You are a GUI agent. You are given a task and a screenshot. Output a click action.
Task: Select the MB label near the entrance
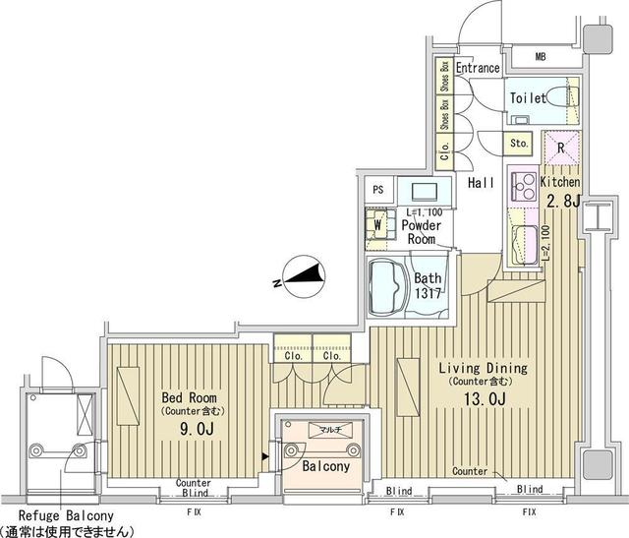pos(540,57)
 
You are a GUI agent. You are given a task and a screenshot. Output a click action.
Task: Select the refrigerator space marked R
pos(559,147)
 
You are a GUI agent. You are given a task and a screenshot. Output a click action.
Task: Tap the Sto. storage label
pos(520,144)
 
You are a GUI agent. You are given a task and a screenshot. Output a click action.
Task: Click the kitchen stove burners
pos(521,184)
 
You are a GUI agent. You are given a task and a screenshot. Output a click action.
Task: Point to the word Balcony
pos(325,467)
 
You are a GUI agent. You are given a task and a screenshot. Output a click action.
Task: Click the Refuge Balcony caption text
pos(61,515)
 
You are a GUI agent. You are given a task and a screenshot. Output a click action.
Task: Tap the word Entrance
pos(479,68)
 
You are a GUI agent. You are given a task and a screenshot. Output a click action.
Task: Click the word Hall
pos(481,183)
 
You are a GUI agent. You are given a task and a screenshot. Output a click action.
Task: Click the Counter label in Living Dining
pos(470,472)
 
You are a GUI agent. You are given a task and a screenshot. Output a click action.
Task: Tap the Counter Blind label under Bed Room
pos(194,488)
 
